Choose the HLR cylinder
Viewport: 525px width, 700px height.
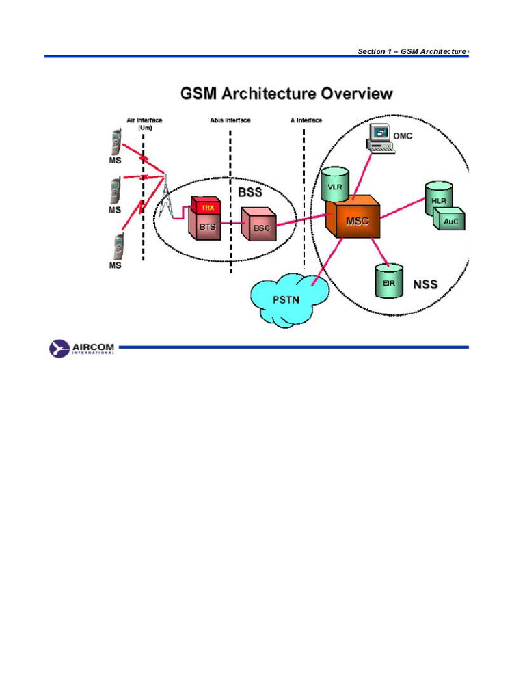tap(438, 198)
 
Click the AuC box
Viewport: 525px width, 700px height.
tap(449, 220)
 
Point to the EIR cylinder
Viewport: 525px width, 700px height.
tap(388, 280)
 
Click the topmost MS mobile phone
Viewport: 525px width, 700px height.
tap(116, 144)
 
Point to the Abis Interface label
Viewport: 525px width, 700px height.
tap(230, 120)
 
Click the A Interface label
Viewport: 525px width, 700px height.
tap(306, 120)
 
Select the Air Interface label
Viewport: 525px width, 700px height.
tap(144, 120)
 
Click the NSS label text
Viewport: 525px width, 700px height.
tap(425, 284)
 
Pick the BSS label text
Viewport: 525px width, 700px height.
tap(250, 193)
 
